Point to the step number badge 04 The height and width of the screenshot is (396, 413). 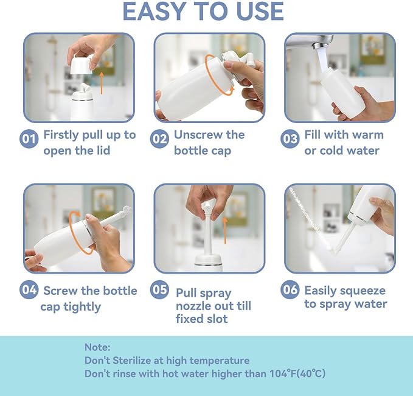(29, 290)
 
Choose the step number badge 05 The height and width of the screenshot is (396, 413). (159, 290)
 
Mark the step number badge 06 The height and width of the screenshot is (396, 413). (290, 290)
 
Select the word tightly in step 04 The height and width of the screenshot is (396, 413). (81, 306)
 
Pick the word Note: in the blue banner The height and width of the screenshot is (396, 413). (97, 347)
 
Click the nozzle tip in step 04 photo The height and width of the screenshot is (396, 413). (127, 210)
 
